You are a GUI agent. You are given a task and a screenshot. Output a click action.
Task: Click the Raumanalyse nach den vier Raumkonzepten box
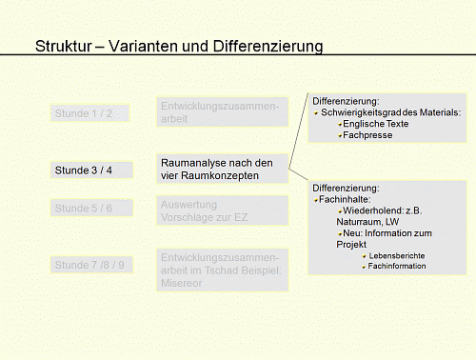pyautogui.click(x=222, y=170)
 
